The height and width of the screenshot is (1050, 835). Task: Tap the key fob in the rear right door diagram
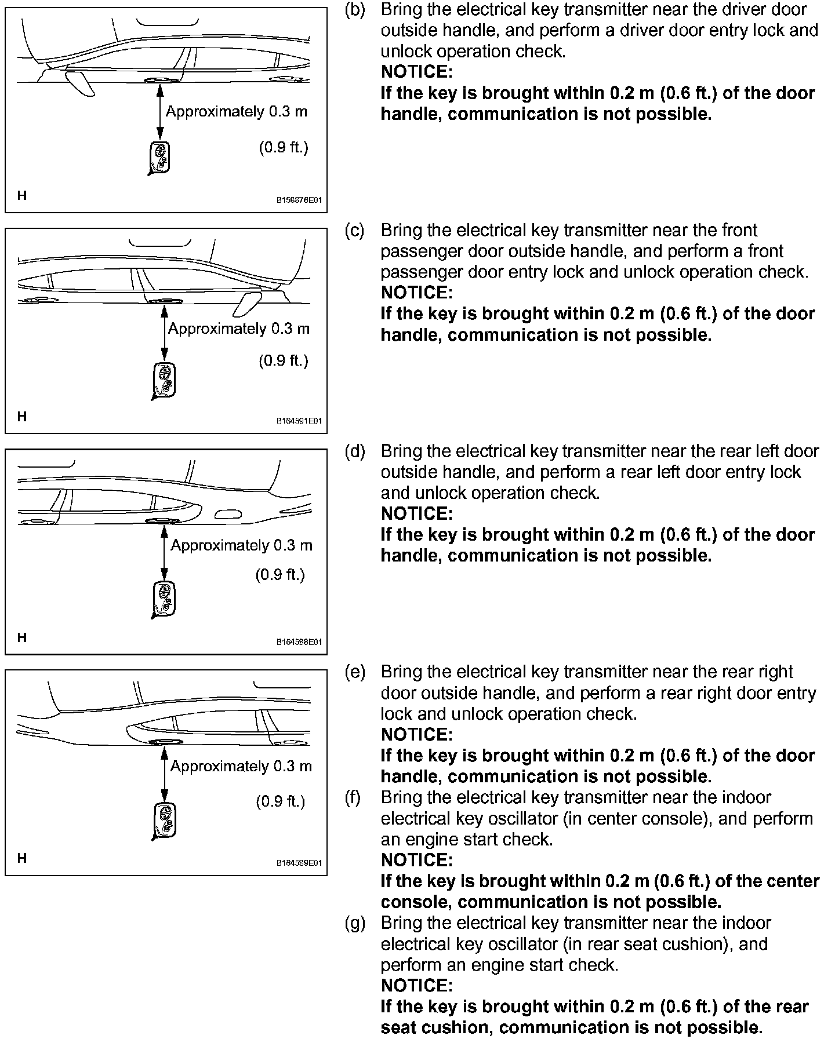tap(164, 821)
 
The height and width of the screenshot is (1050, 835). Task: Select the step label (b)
tap(354, 10)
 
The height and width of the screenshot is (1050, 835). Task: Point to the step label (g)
tap(355, 923)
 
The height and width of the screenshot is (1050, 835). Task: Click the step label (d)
tap(355, 451)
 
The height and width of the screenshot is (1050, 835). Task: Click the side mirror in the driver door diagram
tap(79, 82)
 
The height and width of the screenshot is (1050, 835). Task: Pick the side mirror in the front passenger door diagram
tap(247, 305)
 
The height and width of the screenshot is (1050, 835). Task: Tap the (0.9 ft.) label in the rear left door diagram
tap(280, 575)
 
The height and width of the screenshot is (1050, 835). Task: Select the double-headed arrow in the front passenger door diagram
tap(165, 335)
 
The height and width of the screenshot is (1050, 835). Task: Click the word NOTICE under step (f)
tap(416, 860)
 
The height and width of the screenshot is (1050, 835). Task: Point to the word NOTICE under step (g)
tap(416, 986)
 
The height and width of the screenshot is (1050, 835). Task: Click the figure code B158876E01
tap(299, 200)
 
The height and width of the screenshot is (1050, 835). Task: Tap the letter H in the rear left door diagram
tap(22, 637)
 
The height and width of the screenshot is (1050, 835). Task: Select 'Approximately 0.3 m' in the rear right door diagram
tap(241, 767)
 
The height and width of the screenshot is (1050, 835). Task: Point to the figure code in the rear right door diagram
tap(299, 863)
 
